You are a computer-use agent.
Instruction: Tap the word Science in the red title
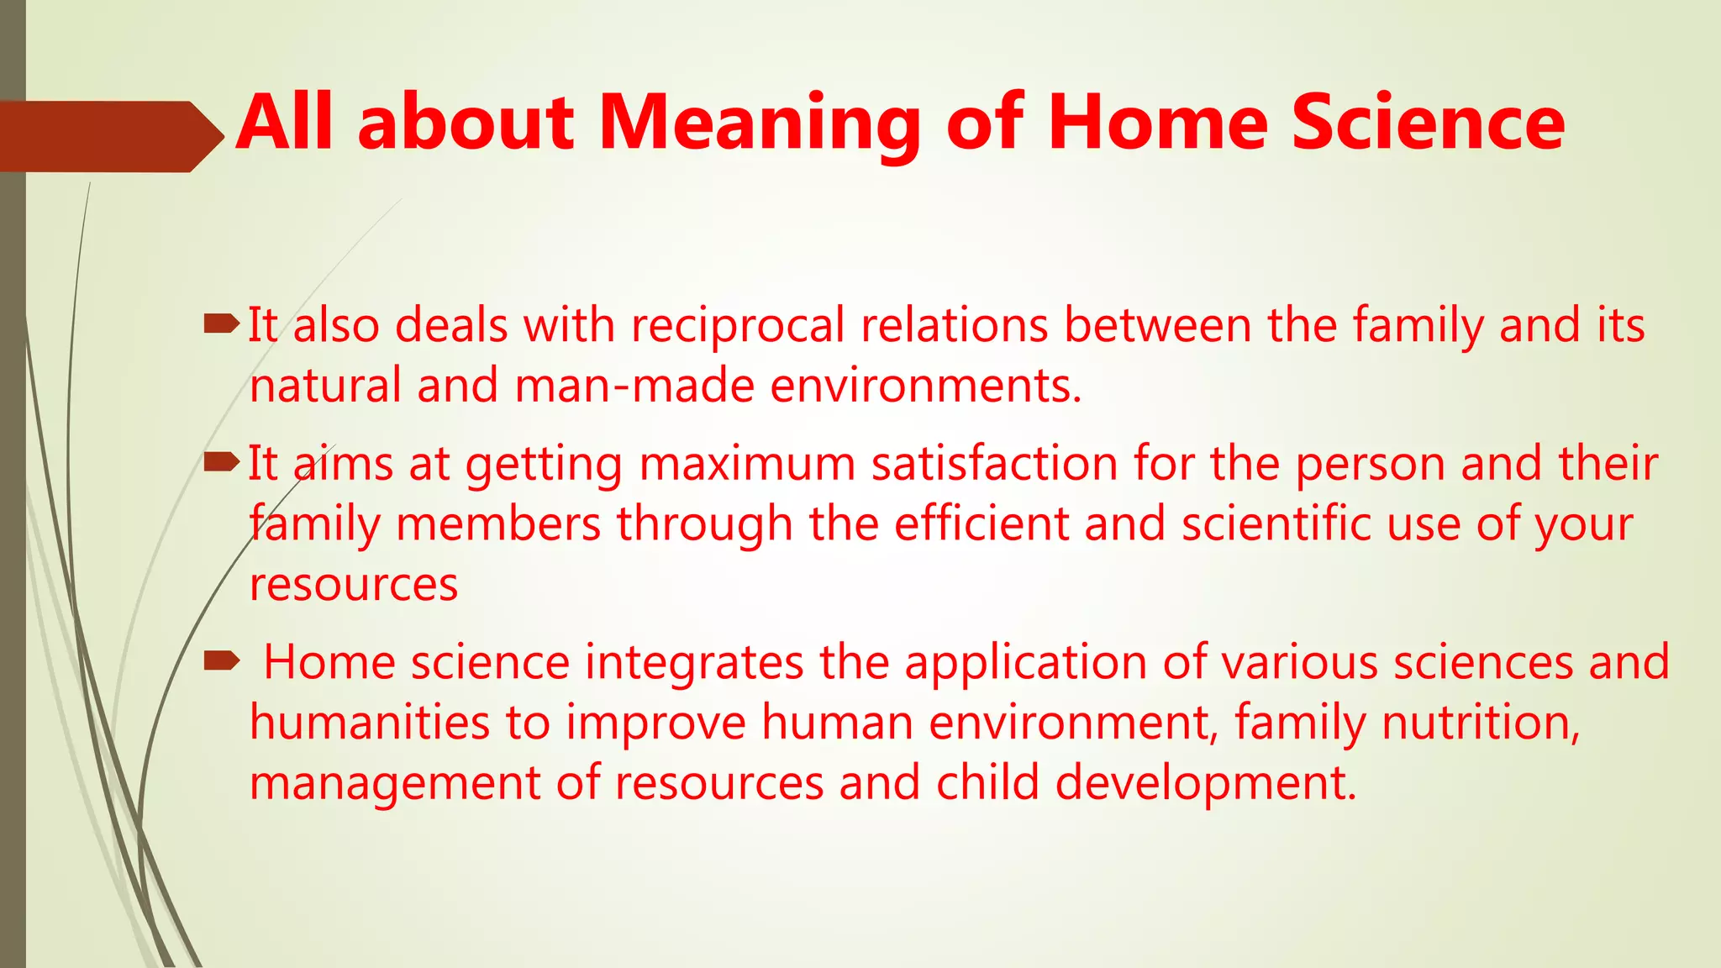1427,124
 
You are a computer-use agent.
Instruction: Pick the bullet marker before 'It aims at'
222,460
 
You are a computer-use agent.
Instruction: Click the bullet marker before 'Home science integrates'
222,660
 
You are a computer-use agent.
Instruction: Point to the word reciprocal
738,326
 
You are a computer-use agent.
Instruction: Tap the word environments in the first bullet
925,387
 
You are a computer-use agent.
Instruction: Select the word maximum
747,464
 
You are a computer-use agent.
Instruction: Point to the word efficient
981,524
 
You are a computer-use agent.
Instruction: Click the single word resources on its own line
354,585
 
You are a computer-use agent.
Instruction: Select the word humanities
370,723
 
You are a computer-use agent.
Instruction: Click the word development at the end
1205,784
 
